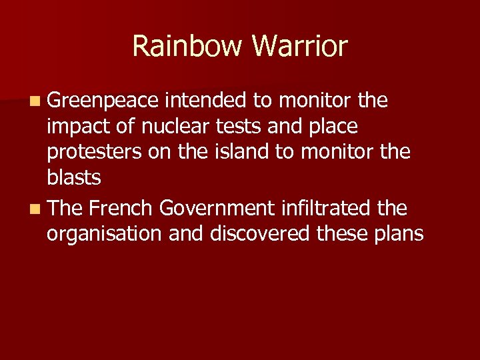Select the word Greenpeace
103,101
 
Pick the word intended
205,101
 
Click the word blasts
74,179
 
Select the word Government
217,209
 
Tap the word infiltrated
325,209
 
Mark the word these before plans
339,235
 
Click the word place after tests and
334,126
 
